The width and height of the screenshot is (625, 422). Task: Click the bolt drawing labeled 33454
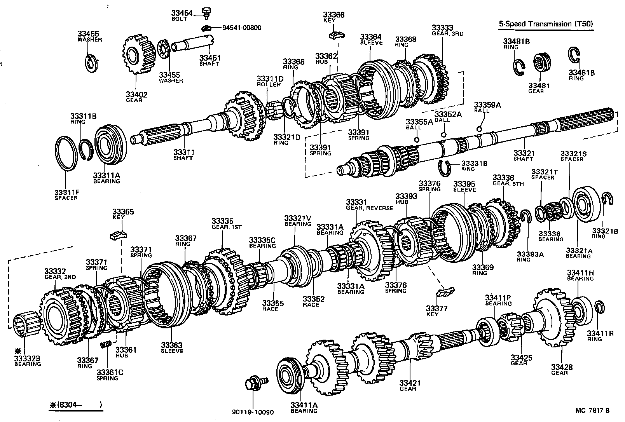[207, 12]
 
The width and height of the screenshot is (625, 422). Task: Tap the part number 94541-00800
[241, 28]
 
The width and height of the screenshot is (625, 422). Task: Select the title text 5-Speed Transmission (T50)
[546, 24]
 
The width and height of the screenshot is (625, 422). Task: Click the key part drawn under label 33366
[334, 35]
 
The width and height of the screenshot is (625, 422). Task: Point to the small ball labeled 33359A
[479, 129]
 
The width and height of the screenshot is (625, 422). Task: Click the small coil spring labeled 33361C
[106, 345]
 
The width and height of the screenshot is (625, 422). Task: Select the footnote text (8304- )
[76, 405]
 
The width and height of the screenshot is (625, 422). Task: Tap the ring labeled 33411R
[599, 307]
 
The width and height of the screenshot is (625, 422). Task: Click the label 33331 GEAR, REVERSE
[369, 205]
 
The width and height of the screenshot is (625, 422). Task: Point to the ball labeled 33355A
[416, 140]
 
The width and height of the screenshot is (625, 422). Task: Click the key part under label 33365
[119, 234]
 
